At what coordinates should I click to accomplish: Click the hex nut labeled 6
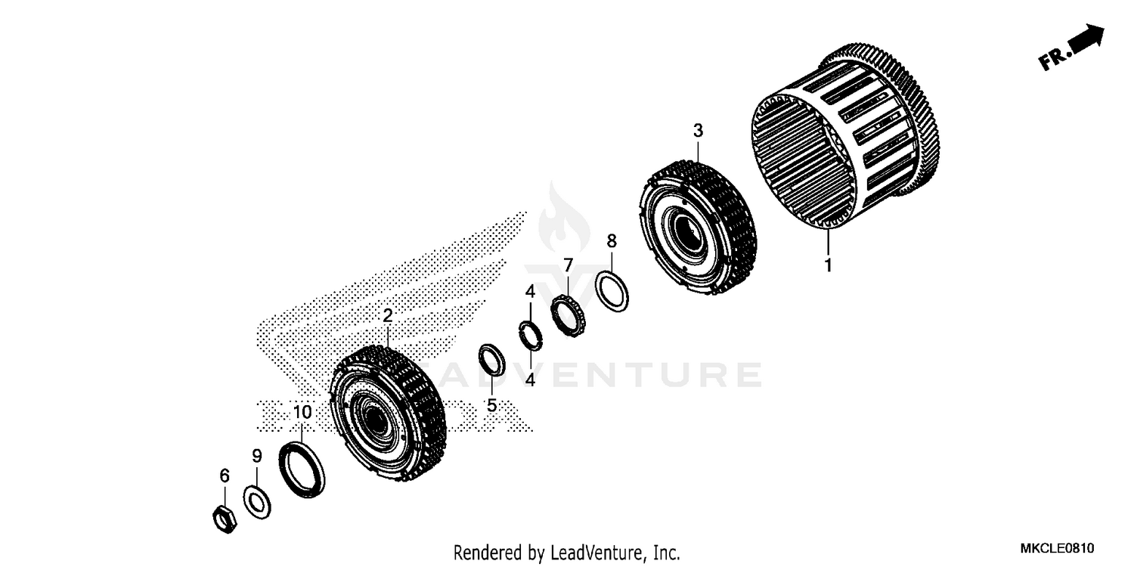click(x=224, y=518)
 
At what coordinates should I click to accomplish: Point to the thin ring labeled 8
click(x=612, y=290)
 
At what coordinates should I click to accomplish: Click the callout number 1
click(x=828, y=265)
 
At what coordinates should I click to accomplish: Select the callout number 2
click(x=387, y=315)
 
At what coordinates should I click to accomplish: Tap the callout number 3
click(x=698, y=131)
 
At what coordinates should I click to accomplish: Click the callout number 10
click(x=302, y=412)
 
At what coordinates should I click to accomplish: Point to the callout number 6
click(x=224, y=476)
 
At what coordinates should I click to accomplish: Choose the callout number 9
click(x=256, y=456)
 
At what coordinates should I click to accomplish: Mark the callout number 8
click(x=612, y=241)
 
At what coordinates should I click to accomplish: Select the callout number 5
click(x=491, y=405)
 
